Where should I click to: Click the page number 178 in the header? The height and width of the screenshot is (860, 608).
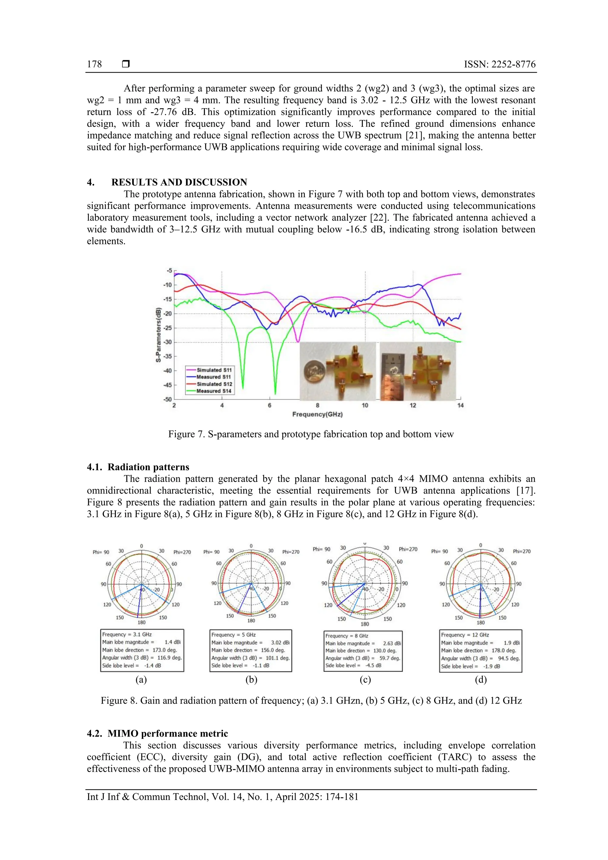[x=94, y=64]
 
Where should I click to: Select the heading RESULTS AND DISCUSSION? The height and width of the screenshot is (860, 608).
[x=179, y=182]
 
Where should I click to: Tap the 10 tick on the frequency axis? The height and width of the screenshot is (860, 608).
[x=365, y=405]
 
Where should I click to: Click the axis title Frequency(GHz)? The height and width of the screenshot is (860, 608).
[x=317, y=414]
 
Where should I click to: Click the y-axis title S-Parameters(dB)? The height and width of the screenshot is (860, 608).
[x=159, y=335]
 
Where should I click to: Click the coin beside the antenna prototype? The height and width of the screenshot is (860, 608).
[x=314, y=372]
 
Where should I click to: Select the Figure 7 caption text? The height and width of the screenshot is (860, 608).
[x=311, y=434]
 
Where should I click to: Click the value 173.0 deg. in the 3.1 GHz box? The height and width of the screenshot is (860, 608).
[x=164, y=650]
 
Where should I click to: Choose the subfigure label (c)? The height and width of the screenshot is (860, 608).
[x=365, y=680]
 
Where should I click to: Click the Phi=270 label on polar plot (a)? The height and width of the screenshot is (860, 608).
[x=182, y=552]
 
